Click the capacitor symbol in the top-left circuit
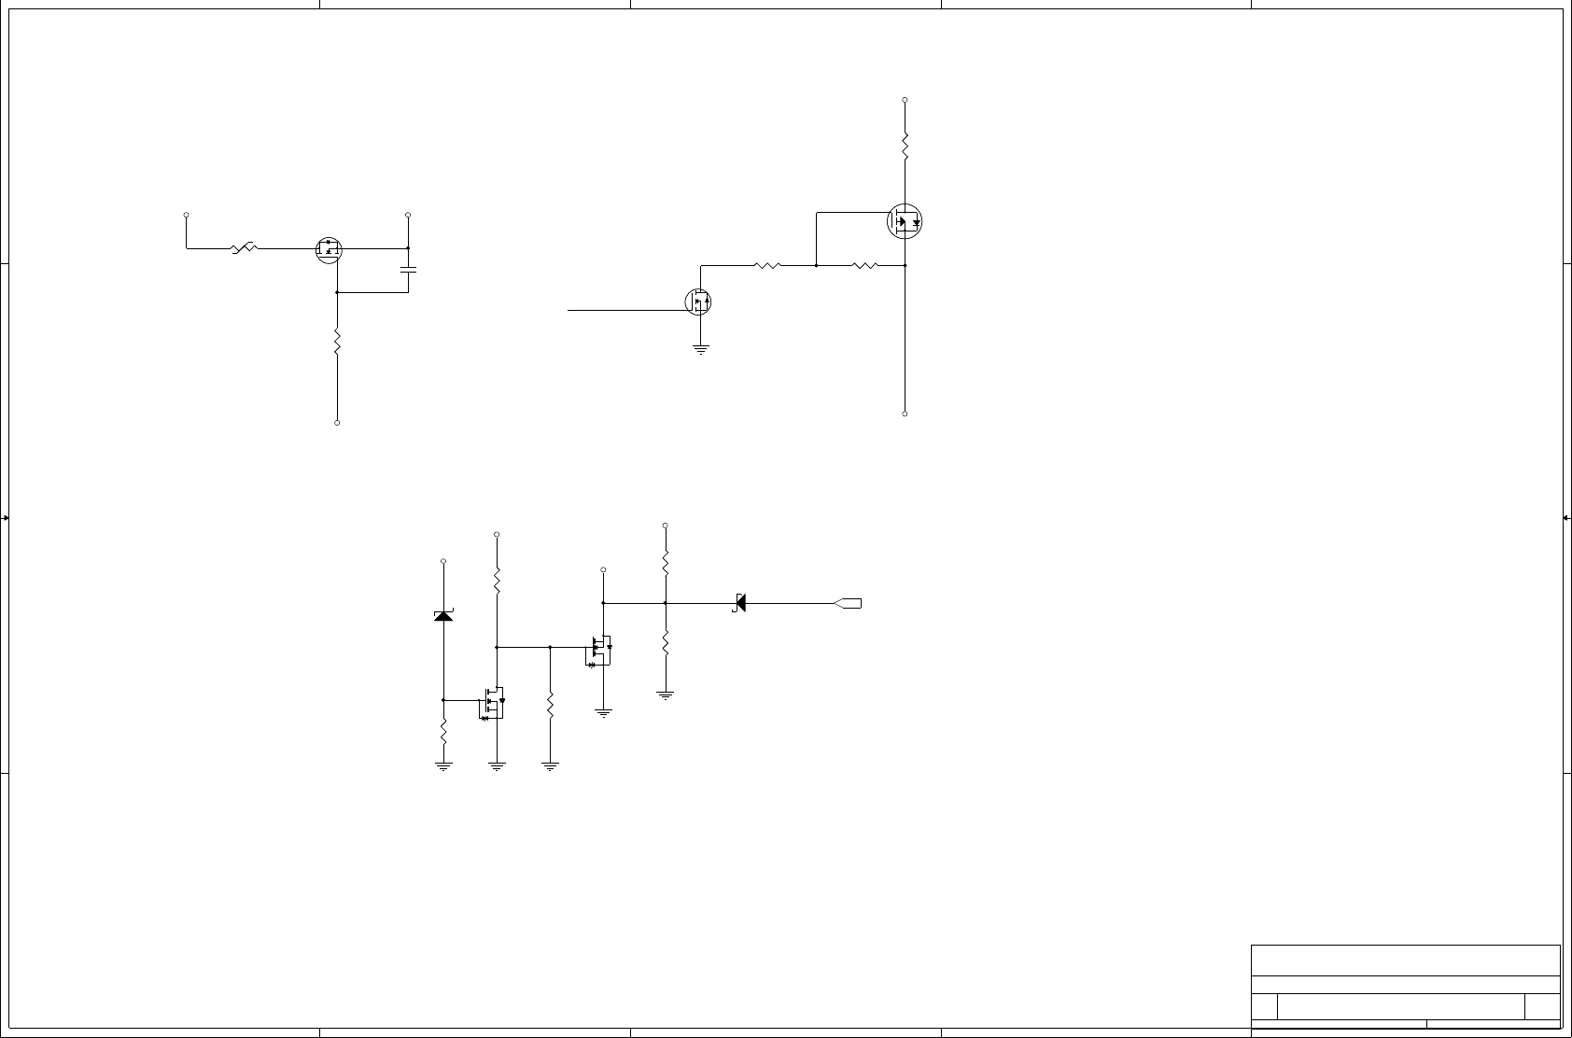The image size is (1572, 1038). click(408, 270)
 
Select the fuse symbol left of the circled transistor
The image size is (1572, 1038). click(244, 248)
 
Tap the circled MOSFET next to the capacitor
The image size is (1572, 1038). click(330, 249)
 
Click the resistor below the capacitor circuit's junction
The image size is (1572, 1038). click(337, 343)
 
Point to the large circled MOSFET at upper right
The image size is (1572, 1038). click(905, 222)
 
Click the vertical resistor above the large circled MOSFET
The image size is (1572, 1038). click(905, 145)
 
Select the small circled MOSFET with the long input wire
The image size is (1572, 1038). click(698, 302)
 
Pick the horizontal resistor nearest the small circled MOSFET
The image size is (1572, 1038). click(766, 265)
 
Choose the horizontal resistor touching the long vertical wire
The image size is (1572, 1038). click(865, 265)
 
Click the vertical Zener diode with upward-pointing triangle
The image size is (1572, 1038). click(443, 614)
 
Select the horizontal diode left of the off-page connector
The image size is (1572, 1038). click(739, 603)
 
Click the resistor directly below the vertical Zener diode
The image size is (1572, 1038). click(443, 731)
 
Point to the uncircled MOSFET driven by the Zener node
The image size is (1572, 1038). click(493, 703)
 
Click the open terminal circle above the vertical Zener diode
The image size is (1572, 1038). click(443, 561)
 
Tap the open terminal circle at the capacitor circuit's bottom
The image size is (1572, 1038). click(337, 423)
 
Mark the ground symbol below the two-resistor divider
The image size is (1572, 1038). click(666, 694)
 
